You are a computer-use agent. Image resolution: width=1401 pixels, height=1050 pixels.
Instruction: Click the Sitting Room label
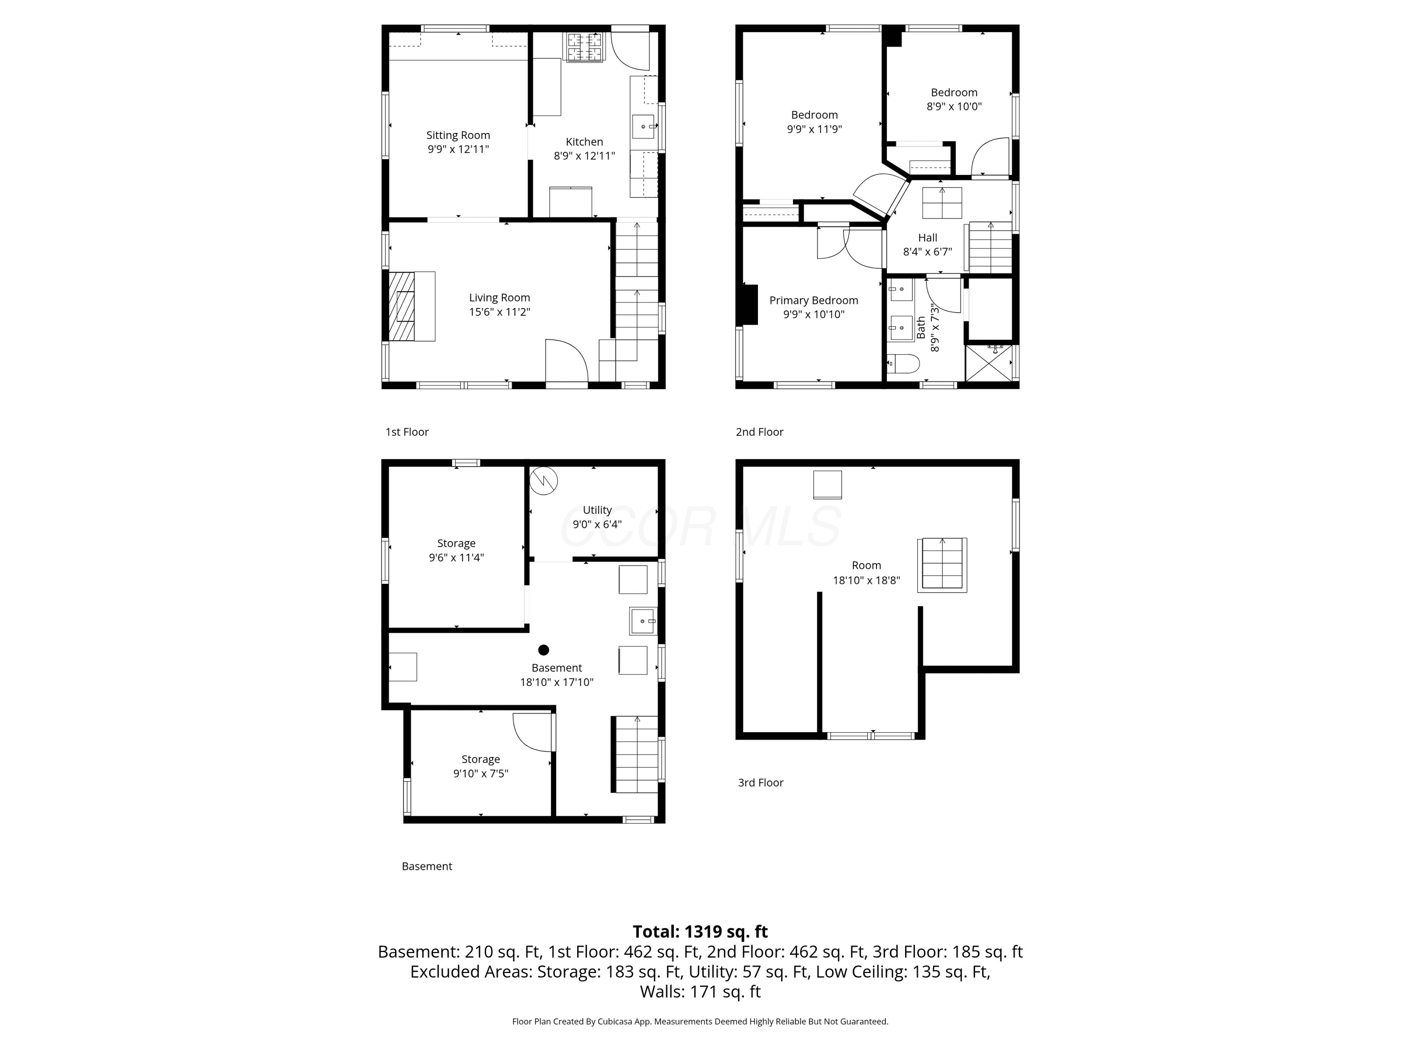(x=458, y=135)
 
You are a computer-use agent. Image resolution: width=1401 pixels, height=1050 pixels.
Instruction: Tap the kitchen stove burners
(x=585, y=47)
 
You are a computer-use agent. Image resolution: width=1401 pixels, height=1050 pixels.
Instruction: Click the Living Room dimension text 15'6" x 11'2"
(x=499, y=311)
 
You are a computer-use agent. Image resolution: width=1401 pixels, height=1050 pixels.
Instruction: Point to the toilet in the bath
(x=903, y=364)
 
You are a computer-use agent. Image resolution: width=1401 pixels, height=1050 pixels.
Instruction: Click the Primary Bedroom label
(x=814, y=300)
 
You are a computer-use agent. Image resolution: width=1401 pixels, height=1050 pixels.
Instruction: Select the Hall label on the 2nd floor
(x=927, y=238)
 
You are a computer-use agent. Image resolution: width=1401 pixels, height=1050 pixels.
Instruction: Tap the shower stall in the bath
(x=988, y=363)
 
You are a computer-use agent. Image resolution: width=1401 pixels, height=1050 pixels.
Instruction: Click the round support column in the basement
(x=544, y=650)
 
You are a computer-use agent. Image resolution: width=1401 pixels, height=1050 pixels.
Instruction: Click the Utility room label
(x=597, y=510)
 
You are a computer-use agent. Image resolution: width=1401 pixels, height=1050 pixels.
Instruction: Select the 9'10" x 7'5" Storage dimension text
(x=481, y=773)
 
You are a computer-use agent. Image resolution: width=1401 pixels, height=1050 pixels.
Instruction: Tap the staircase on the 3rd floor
(x=942, y=565)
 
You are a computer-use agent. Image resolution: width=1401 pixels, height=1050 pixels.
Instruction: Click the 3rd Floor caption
(x=761, y=782)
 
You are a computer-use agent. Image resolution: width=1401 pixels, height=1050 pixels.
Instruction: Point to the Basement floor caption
(x=427, y=866)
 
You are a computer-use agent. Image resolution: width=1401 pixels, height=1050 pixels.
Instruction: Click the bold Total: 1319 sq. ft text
(x=700, y=931)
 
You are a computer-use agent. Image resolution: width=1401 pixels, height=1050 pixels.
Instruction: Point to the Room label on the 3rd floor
(x=866, y=565)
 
